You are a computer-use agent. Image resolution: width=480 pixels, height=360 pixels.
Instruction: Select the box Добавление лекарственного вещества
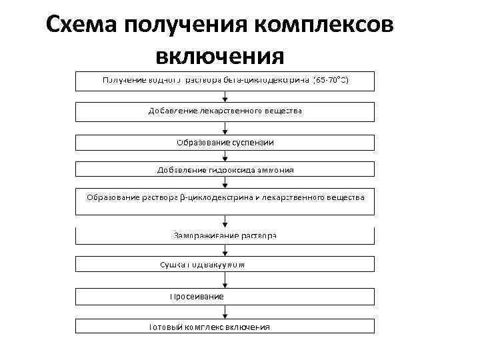[225, 111]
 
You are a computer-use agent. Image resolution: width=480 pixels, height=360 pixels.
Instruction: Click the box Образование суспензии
[225, 143]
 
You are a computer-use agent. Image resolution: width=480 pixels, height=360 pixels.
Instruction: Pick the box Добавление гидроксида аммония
[225, 170]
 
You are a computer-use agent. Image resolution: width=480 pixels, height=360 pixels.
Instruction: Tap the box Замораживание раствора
[225, 235]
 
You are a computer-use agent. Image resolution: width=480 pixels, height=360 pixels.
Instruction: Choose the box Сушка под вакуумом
[225, 265]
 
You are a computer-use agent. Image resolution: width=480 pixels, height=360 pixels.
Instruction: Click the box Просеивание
[225, 295]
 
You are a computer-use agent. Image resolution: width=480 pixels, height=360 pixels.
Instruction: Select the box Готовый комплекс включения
[225, 327]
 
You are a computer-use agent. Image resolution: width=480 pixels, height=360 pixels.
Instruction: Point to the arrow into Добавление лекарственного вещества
[225, 96]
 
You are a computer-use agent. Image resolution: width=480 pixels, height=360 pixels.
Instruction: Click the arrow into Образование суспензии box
[225, 128]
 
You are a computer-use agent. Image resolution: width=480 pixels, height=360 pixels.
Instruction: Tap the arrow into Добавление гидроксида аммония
[225, 157]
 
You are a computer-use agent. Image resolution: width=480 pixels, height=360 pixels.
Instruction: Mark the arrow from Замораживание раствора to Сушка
[225, 251]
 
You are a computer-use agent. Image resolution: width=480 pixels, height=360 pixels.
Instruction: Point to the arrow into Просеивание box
[225, 281]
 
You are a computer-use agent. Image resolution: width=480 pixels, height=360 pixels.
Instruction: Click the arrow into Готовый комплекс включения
[225, 311]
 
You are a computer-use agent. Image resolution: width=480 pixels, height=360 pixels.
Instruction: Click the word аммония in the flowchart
[275, 170]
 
